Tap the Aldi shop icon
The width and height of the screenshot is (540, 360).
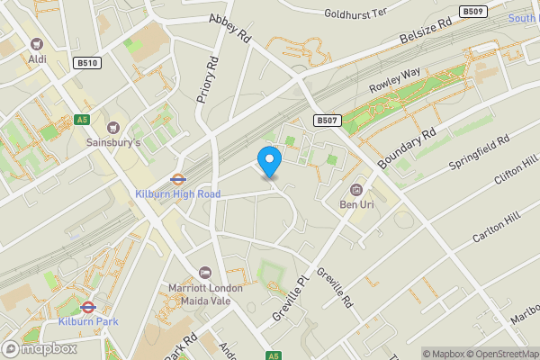pos(37,44)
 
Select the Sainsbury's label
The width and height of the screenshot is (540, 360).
pos(113,142)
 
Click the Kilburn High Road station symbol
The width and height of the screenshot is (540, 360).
pos(177,178)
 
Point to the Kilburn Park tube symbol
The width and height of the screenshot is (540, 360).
pos(87,307)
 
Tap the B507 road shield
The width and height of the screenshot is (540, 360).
pos(326,120)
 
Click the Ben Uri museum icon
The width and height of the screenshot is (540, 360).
pos(356,189)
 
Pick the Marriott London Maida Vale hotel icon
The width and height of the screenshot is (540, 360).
pos(205,273)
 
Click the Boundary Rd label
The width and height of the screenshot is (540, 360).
pos(407,147)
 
